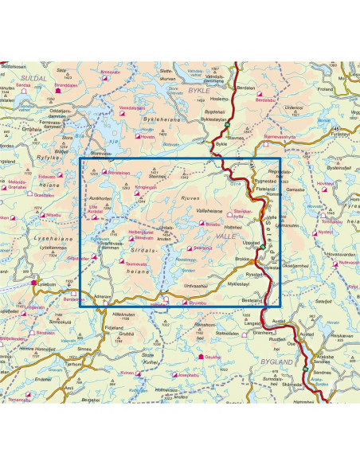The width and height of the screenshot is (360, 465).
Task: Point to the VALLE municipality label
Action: tap(225, 236)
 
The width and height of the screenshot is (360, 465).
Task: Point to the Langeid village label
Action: tap(252, 324)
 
